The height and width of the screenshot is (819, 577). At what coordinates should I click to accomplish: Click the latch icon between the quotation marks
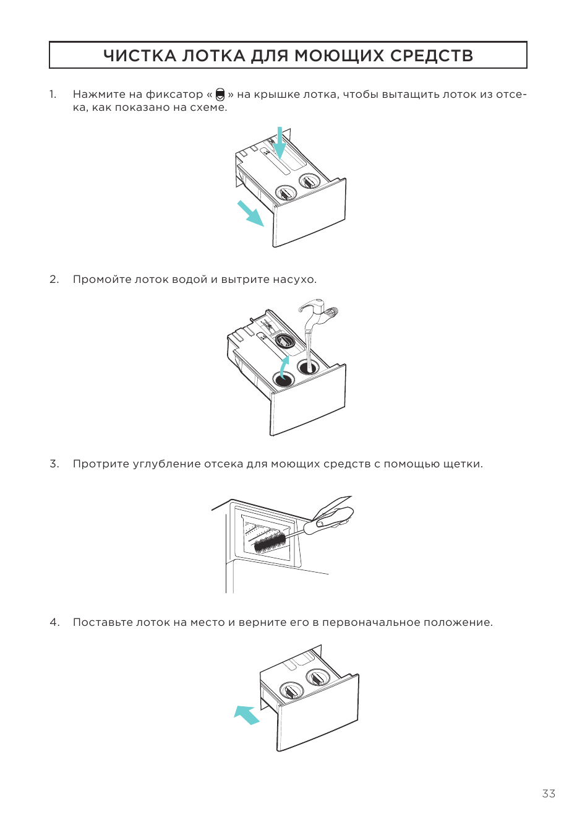coord(220,94)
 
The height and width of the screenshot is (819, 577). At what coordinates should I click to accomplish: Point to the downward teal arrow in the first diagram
coord(280,144)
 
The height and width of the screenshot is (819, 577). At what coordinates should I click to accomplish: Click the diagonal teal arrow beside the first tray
coord(250,213)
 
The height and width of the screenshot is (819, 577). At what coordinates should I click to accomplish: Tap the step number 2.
coord(54,279)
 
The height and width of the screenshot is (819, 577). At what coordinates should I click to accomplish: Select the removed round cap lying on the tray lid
coord(286,341)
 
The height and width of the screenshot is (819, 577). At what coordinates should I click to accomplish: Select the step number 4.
coord(54,622)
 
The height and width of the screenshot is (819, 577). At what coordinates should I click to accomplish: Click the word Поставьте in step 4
coord(103,622)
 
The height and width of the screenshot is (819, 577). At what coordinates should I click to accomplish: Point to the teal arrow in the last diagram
coord(247,714)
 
